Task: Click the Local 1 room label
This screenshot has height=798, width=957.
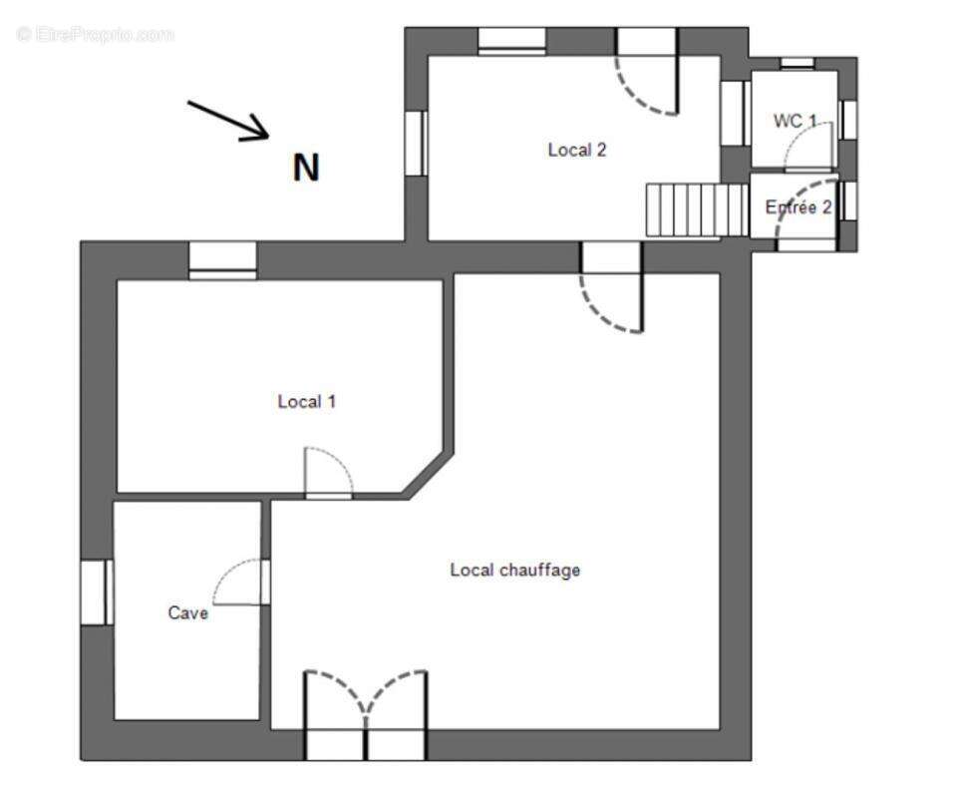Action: [x=306, y=402]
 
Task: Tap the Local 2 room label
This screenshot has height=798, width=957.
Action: [x=577, y=151]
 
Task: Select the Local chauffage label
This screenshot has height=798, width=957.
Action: [x=514, y=571]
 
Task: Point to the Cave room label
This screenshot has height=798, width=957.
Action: [x=187, y=613]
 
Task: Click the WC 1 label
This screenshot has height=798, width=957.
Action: [x=795, y=121]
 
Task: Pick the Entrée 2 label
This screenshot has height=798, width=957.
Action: [x=797, y=207]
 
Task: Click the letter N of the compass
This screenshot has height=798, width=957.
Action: [x=306, y=169]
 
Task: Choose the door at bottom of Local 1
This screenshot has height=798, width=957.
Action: [x=328, y=474]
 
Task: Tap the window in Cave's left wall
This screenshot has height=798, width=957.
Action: [x=96, y=593]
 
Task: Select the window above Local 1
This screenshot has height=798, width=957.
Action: [x=222, y=260]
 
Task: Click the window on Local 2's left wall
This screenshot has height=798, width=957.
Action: [x=415, y=143]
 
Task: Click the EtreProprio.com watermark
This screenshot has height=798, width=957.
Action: [x=95, y=34]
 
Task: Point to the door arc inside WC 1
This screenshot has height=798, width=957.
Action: [x=807, y=148]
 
